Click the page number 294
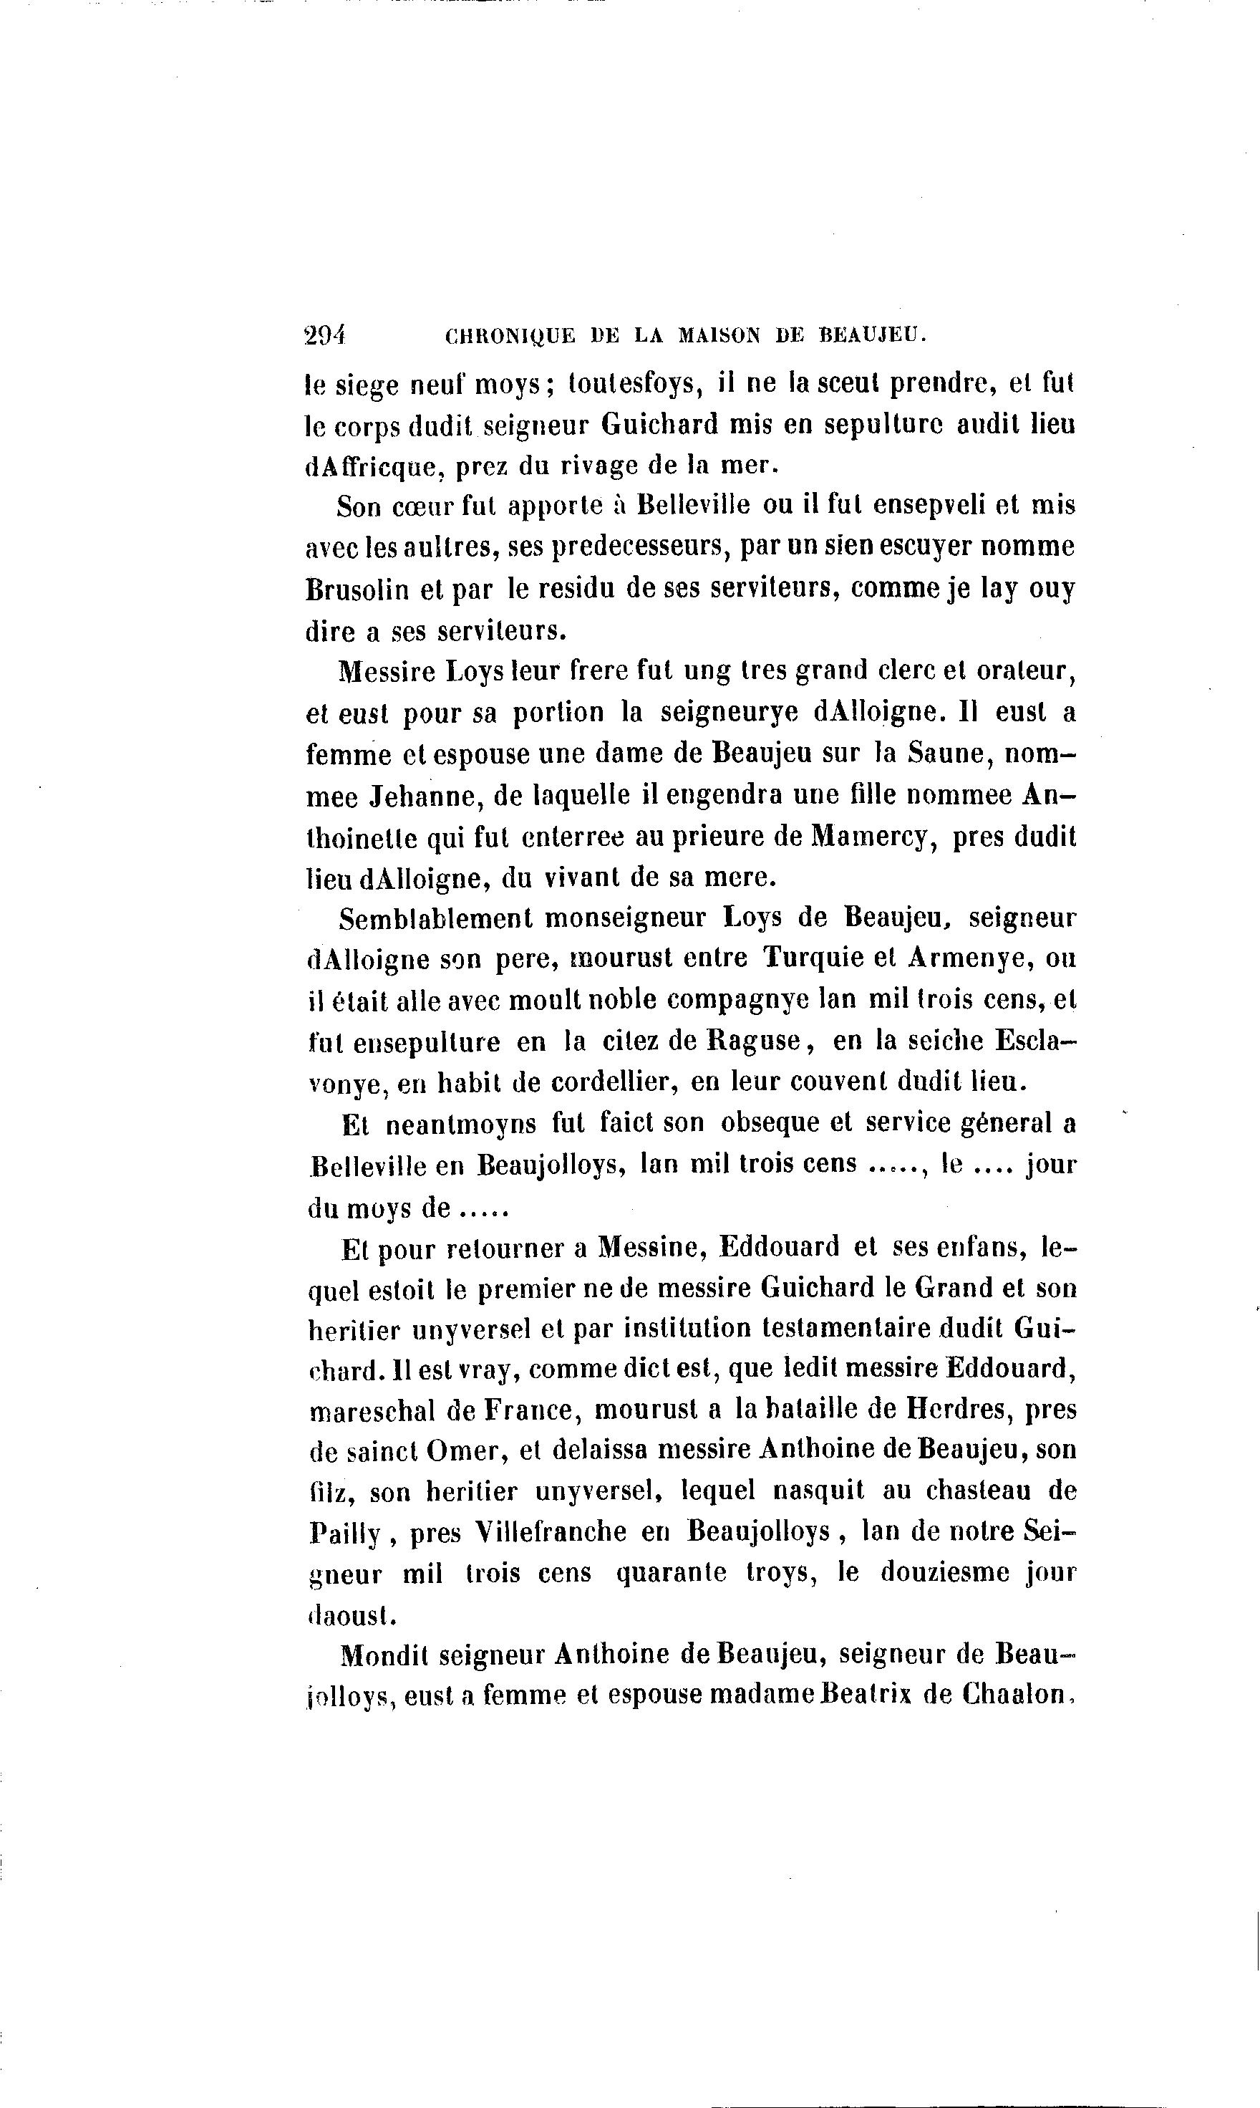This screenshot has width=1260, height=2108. click(324, 335)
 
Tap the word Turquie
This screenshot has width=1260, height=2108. click(810, 958)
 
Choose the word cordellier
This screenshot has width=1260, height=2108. click(612, 1083)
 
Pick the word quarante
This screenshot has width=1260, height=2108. click(671, 1574)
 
